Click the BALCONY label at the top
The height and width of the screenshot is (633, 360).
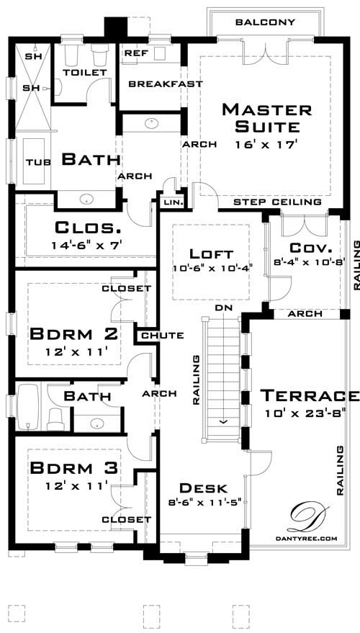click(x=265, y=22)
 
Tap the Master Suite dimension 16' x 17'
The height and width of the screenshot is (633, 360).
click(x=266, y=144)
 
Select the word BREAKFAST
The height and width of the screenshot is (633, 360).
click(x=165, y=84)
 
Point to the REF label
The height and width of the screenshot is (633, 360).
click(x=136, y=53)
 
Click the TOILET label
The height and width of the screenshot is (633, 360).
click(x=84, y=73)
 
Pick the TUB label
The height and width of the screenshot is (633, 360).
click(x=37, y=162)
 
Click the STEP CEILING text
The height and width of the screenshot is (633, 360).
click(x=277, y=202)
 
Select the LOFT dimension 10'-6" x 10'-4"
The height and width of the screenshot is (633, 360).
click(x=211, y=269)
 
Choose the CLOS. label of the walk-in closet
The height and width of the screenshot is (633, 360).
click(x=88, y=228)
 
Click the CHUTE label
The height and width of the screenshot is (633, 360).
click(x=162, y=336)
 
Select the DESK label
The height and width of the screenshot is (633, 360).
click(x=204, y=488)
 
